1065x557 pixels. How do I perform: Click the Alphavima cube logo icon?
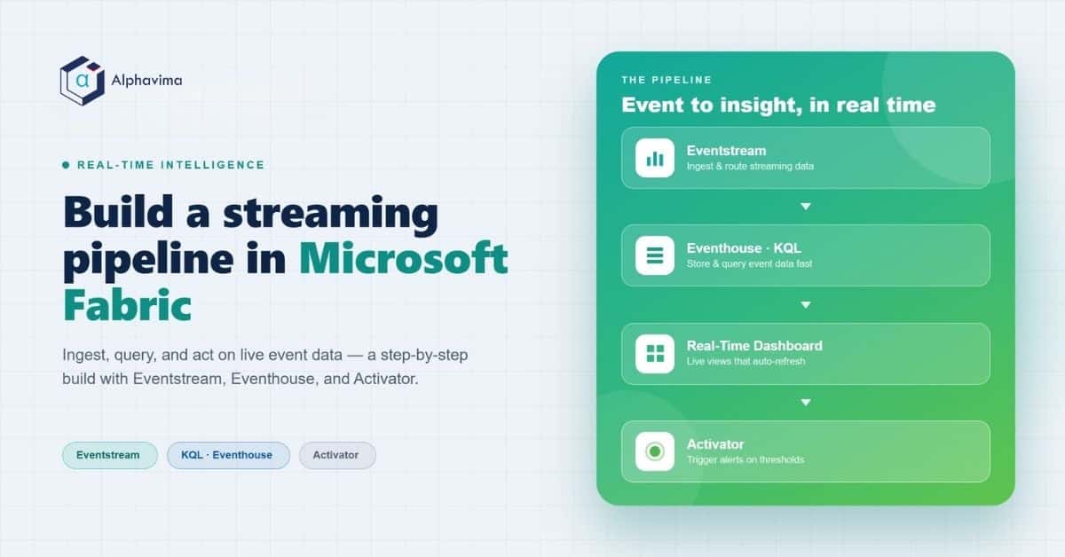[83, 81]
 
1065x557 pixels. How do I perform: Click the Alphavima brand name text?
[146, 81]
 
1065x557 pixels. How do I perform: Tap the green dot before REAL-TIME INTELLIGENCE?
[66, 165]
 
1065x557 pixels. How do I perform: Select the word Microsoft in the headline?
[403, 258]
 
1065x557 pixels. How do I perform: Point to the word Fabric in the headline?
[127, 305]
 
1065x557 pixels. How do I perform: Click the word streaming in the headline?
[330, 213]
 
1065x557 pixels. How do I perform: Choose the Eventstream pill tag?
[110, 455]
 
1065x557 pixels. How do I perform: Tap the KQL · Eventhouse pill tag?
[228, 455]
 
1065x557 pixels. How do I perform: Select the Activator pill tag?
[337, 455]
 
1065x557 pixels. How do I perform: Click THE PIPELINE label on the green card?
[667, 80]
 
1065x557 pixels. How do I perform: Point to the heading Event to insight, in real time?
[778, 105]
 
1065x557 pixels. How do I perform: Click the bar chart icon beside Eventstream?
[655, 158]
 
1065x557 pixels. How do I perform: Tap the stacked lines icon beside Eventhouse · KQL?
[655, 255]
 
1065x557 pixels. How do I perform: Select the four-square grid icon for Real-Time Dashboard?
[655, 354]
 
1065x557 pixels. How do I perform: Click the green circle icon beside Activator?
[655, 451]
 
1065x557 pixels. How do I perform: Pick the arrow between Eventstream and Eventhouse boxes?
[806, 207]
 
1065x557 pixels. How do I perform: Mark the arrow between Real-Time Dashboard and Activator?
[806, 403]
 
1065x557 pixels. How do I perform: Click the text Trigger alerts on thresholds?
[745, 459]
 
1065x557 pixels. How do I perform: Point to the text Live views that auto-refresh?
[746, 361]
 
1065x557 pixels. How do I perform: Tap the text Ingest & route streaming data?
[750, 167]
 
